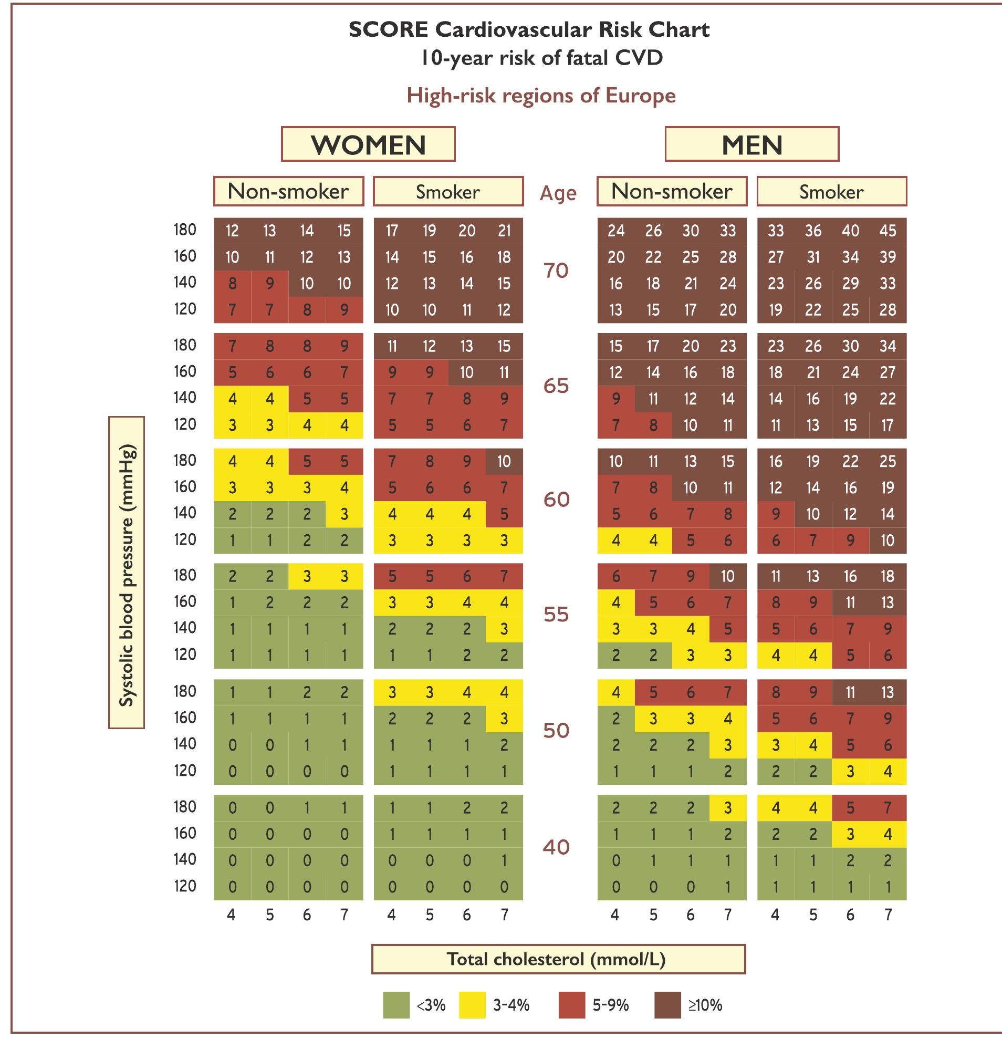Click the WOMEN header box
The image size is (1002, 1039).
[x=368, y=144]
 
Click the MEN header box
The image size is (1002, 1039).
[x=751, y=144]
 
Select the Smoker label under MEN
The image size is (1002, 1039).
[x=831, y=191]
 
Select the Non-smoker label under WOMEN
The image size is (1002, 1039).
[x=288, y=191]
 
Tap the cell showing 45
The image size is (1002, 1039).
[x=888, y=231]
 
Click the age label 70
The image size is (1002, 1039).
[x=556, y=271]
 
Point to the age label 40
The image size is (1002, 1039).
[x=556, y=847]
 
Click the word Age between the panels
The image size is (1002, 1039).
[x=557, y=193]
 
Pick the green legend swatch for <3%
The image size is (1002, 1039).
[x=396, y=1005]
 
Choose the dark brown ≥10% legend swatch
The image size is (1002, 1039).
[x=667, y=1005]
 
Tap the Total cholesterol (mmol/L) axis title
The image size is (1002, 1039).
[x=558, y=959]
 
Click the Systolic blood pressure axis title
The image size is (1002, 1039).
[x=127, y=573]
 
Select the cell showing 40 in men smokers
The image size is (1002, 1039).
[x=850, y=231]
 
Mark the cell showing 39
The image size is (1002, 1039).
[x=888, y=257]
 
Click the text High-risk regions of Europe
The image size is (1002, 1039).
[x=540, y=96]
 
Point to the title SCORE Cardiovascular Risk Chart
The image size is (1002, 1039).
[x=528, y=30]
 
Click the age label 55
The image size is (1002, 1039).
[x=556, y=615]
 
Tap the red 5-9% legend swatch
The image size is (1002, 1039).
[x=572, y=1005]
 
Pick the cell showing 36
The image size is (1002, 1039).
[x=813, y=231]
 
